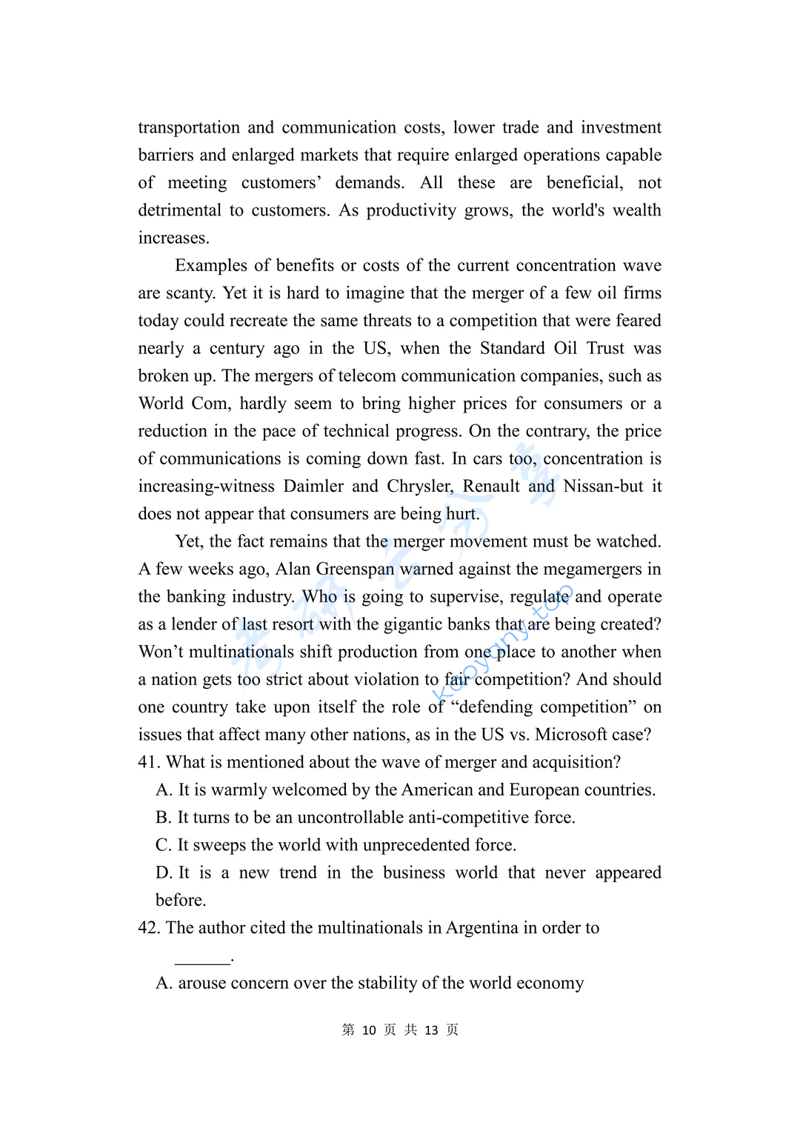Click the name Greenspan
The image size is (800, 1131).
pyautogui.click(x=355, y=569)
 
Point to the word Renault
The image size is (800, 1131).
pyautogui.click(x=491, y=486)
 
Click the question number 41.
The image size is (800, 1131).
pyautogui.click(x=148, y=762)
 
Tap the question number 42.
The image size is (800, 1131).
pyautogui.click(x=148, y=927)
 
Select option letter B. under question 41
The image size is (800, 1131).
pyautogui.click(x=163, y=817)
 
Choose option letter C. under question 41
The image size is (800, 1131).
pyautogui.click(x=163, y=845)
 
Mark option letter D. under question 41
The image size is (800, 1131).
pyautogui.click(x=163, y=873)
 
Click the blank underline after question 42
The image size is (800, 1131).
pyautogui.click(x=202, y=961)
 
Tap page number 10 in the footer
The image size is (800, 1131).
pyautogui.click(x=369, y=1030)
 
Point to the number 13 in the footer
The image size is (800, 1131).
pyautogui.click(x=431, y=1030)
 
